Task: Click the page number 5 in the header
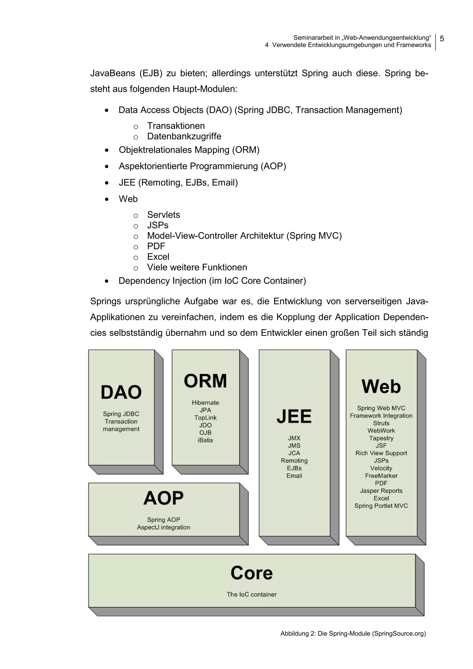[x=442, y=39]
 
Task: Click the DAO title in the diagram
[x=121, y=392]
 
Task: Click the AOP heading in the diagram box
[x=164, y=498]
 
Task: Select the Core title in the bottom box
[x=252, y=573]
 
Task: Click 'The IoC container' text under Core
[x=252, y=594]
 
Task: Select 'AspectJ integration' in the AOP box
[x=164, y=527]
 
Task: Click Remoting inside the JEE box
[x=294, y=461]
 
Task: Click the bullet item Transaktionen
[x=176, y=126]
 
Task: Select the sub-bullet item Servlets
[x=164, y=215]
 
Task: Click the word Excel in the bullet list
[x=158, y=257]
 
